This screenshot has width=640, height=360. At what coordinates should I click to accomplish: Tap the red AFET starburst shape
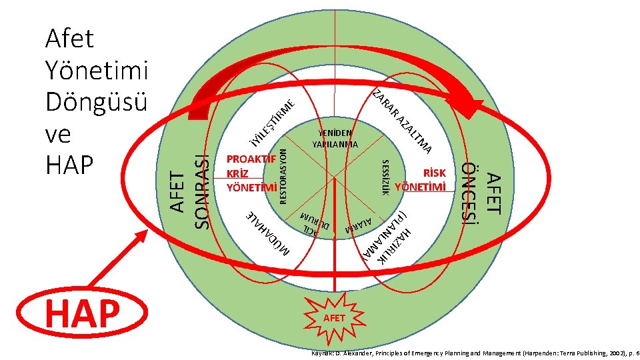tap(334, 318)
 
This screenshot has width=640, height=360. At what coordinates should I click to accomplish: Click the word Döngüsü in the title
tap(96, 101)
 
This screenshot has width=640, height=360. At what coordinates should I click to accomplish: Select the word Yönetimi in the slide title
tap(98, 71)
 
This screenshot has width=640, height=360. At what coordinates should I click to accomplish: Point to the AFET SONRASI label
tap(191, 191)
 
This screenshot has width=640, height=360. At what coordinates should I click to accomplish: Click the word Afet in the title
tap(69, 40)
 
